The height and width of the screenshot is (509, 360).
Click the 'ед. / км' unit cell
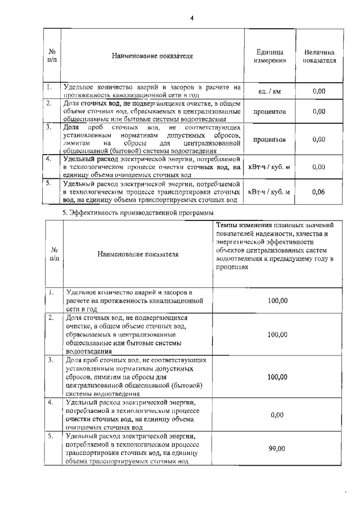click(x=269, y=91)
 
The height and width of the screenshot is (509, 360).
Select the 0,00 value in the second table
click(x=277, y=415)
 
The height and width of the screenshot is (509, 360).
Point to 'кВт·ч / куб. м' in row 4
click(x=269, y=167)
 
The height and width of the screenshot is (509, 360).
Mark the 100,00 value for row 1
click(x=277, y=301)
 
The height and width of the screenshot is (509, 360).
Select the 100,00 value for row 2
click(x=277, y=334)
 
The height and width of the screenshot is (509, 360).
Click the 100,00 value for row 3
click(x=277, y=377)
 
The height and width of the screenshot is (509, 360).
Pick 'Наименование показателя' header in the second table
click(x=137, y=254)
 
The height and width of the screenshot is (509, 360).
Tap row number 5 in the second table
click(x=51, y=435)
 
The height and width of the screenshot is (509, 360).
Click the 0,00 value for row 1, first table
click(x=319, y=91)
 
